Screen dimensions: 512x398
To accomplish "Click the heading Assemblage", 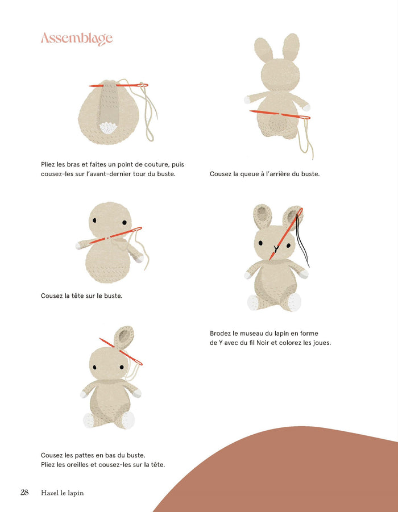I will (77, 39).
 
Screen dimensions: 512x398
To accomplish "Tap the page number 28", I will (24, 493).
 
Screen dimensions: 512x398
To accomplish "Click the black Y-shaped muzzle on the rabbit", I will (276, 248).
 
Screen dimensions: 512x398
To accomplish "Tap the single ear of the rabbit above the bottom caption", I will (123, 338).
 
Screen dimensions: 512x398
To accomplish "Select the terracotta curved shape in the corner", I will (296, 477).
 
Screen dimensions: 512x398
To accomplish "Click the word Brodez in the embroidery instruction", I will (221, 333).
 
